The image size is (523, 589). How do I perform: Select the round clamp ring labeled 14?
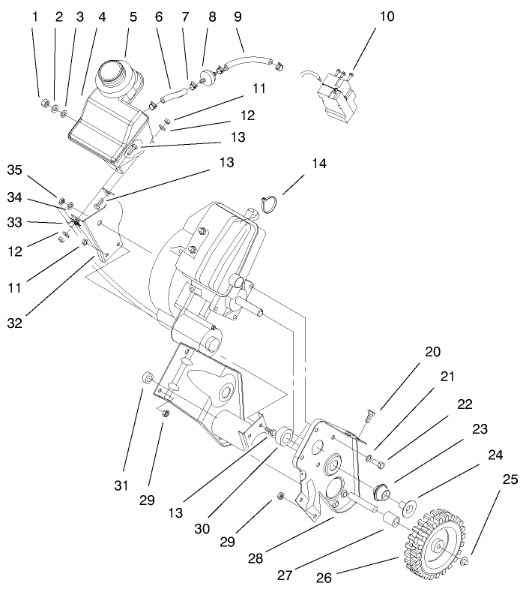[270, 203]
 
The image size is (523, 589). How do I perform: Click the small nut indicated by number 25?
[466, 560]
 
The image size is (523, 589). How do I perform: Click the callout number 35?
[15, 170]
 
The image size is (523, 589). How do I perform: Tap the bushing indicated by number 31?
[148, 377]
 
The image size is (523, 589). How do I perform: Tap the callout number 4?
[100, 16]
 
